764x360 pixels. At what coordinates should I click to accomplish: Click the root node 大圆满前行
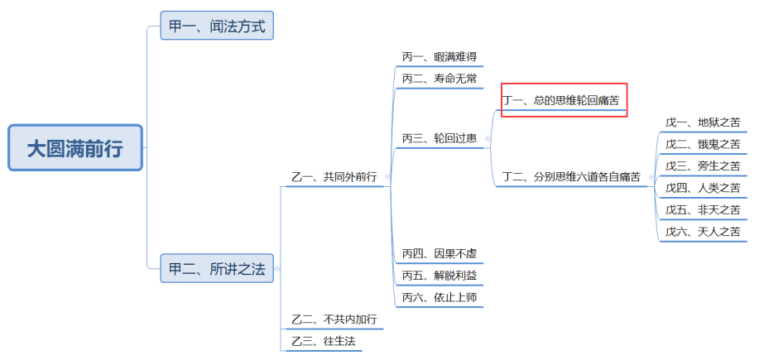coord(75,148)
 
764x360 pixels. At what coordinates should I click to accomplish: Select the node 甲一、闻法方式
coord(217,26)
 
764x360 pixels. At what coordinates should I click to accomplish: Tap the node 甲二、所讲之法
coord(217,268)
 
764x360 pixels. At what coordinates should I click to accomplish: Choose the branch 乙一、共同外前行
coord(334,177)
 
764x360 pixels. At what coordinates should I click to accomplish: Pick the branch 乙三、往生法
coord(324,341)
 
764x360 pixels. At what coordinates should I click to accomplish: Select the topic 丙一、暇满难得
coord(439,57)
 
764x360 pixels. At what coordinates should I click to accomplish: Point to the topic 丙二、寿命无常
coord(439,79)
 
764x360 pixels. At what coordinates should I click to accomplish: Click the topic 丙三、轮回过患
coord(439,138)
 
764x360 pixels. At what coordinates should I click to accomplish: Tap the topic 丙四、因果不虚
coord(439,253)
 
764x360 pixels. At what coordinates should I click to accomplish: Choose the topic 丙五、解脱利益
coord(439,275)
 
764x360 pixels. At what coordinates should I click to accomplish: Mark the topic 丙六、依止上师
coord(439,297)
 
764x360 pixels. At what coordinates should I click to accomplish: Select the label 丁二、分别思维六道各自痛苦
coord(571,177)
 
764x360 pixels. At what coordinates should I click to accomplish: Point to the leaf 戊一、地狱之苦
coord(702,122)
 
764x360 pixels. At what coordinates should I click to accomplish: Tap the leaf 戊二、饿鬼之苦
coord(702,144)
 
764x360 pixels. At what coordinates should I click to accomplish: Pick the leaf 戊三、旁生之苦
coord(702,166)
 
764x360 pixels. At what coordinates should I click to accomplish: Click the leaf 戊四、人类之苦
coord(702,188)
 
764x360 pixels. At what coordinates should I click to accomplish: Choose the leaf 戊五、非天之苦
coord(702,210)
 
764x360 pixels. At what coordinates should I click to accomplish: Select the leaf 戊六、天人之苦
coord(702,232)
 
